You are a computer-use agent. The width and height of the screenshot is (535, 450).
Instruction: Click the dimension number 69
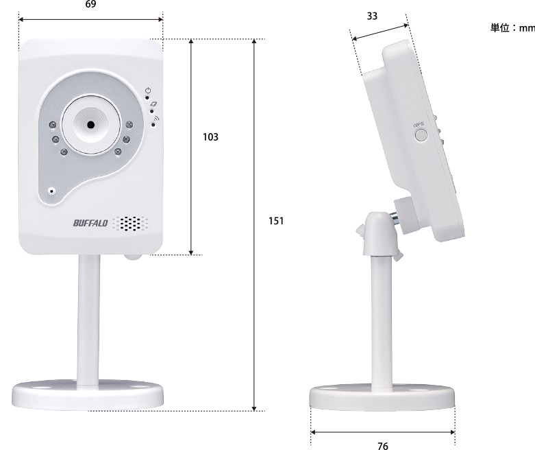(90, 5)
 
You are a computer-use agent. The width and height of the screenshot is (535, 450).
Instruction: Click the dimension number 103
(211, 137)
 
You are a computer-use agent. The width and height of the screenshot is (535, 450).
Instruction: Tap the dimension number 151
(276, 221)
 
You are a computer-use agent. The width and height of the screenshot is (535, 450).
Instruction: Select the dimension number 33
(371, 16)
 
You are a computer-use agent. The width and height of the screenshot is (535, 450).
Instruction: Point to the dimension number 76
(382, 446)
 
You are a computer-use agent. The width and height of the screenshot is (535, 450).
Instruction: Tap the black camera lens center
(90, 125)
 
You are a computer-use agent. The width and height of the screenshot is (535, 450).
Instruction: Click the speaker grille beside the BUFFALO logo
(130, 223)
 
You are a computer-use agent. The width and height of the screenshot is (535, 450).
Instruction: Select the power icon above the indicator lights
(148, 91)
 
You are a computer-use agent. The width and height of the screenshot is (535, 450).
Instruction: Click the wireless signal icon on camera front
(155, 118)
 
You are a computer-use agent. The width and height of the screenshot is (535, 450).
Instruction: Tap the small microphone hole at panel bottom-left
(51, 191)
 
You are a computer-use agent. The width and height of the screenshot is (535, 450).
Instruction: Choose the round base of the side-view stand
(382, 397)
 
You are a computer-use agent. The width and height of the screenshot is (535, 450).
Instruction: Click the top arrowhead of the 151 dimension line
(254, 43)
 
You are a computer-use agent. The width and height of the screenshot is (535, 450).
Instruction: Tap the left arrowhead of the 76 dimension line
(314, 433)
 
